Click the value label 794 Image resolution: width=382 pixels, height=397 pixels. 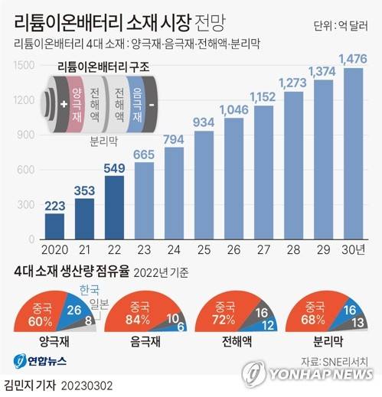(173, 138)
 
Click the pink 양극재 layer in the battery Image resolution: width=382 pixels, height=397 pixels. (77, 106)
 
